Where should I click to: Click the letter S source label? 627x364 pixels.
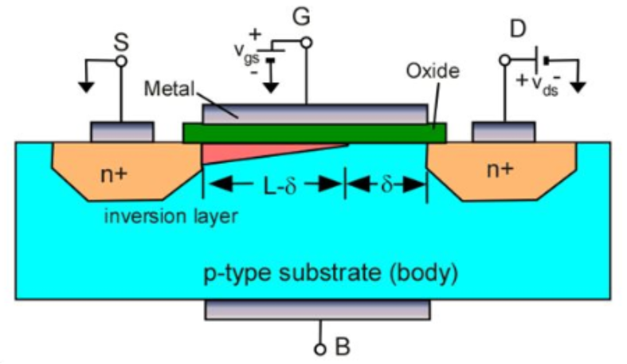pyautogui.click(x=121, y=42)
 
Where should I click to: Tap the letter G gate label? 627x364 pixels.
pyautogui.click(x=301, y=18)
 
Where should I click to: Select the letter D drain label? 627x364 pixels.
pyautogui.click(x=518, y=29)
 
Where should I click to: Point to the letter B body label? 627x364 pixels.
pyautogui.click(x=343, y=346)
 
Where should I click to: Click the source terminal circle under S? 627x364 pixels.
pyautogui.click(x=121, y=61)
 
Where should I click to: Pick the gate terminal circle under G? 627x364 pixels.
pyautogui.click(x=306, y=42)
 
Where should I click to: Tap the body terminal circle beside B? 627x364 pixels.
pyautogui.click(x=320, y=350)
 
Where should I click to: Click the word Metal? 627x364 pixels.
pyautogui.click(x=169, y=88)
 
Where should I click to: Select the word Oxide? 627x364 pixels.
pyautogui.click(x=433, y=71)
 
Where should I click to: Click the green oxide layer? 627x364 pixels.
pyautogui.click(x=315, y=133)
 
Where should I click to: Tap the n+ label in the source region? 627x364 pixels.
pyautogui.click(x=114, y=174)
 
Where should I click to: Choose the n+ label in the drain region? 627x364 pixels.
pyautogui.click(x=500, y=170)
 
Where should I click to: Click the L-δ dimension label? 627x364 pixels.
pyautogui.click(x=280, y=186)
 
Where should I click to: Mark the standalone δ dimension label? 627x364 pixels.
pyautogui.click(x=386, y=184)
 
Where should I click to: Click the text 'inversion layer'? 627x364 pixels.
pyautogui.click(x=170, y=216)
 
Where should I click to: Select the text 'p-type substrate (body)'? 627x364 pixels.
pyautogui.click(x=331, y=273)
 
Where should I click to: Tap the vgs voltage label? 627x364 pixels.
pyautogui.click(x=247, y=53)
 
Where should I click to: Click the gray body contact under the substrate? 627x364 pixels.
pyautogui.click(x=318, y=310)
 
